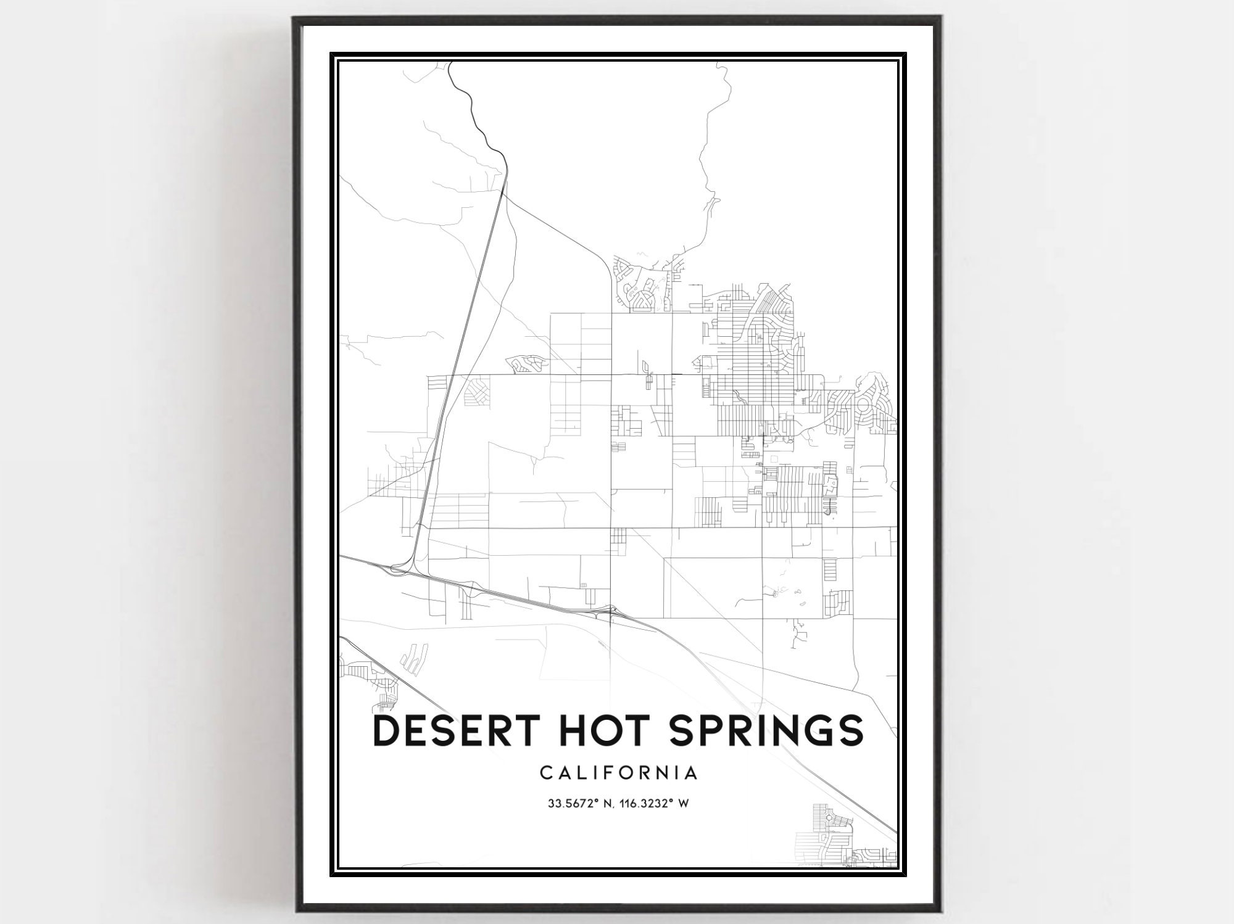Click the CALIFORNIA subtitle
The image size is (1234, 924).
(619, 773)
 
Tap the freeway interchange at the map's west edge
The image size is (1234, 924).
(395, 571)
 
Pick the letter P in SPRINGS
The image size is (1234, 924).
(696, 730)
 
